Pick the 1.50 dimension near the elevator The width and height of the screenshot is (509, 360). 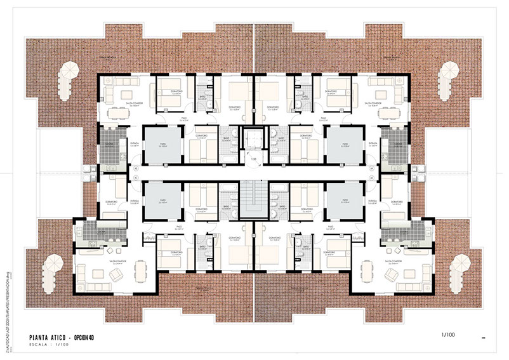253,159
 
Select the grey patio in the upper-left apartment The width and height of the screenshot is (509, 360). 158,145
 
